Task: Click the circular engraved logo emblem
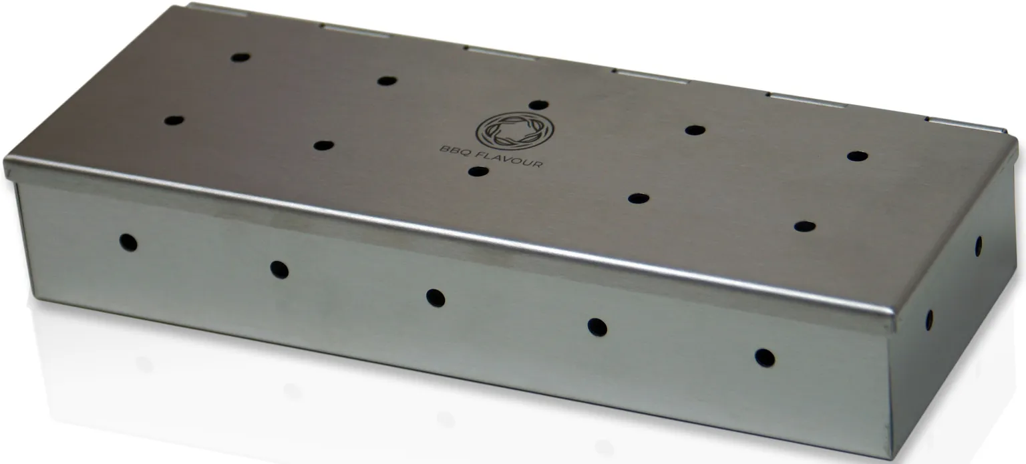pos(515,131)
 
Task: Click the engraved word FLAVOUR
pos(508,160)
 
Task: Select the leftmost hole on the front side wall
pos(128,242)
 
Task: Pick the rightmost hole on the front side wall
pos(764,358)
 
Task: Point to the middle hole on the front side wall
pos(435,298)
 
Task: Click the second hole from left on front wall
pos(279,270)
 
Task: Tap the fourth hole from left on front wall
pos(597,326)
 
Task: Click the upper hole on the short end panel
pos(978,246)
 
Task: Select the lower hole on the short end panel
pos(929,320)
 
